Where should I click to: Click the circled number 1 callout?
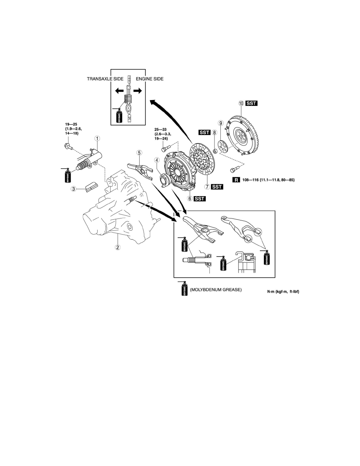pos(97,138)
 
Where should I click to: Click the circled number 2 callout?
pos(118,247)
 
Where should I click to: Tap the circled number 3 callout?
pos(73,188)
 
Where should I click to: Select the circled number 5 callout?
pos(139,153)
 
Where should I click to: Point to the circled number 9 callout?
pos(220,123)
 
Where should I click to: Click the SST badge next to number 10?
pos(251,103)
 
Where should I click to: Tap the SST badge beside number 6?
pos(200,198)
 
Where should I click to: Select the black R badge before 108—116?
pos(236,180)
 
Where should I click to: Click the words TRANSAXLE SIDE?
pos(105,79)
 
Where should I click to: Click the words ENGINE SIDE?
pos(150,79)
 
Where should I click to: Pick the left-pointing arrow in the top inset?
pos(119,91)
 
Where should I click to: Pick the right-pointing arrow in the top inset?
pos(138,91)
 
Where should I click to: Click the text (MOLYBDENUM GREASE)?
pos(216,289)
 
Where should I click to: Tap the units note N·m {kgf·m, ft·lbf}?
pos(283,291)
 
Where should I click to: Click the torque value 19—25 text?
pos(71,124)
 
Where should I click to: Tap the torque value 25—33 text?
pos(161,129)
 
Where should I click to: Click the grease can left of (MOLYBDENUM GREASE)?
pos(184,288)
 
